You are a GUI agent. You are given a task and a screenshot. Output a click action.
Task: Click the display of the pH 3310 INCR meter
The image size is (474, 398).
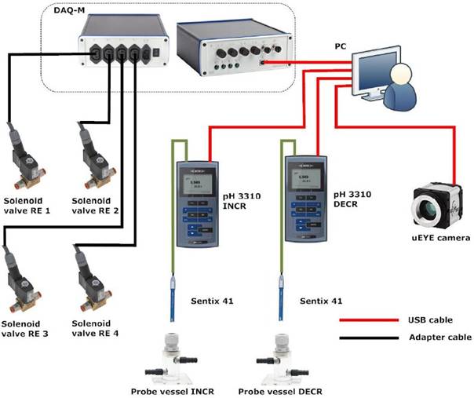coord(195,185)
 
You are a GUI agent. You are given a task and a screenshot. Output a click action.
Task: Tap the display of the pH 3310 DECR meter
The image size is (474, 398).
coord(303,181)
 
